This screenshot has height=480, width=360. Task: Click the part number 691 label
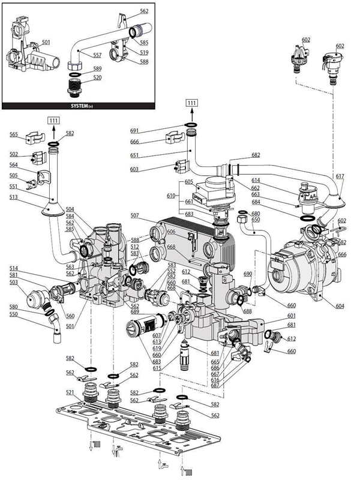coord(135,130)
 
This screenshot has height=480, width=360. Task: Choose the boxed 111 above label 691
coord(192,103)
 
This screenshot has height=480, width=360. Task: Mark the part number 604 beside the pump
coord(340,307)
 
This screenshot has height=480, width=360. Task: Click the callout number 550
coord(13,314)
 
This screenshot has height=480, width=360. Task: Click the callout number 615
coord(157,368)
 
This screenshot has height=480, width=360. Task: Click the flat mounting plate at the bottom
coord(150,429)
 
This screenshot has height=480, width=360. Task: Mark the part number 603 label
coord(135,170)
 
